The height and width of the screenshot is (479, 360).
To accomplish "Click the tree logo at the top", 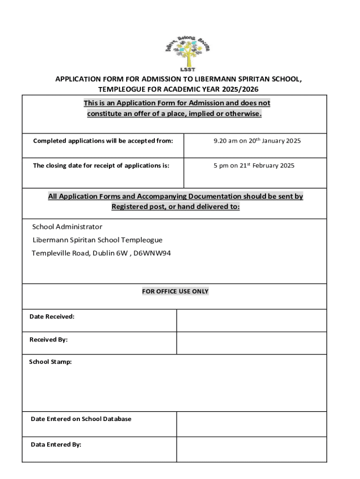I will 188,51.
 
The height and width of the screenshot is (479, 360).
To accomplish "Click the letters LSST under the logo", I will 187,70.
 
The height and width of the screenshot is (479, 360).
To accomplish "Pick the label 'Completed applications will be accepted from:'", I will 103,140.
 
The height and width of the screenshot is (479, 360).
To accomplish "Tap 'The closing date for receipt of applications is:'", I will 101,166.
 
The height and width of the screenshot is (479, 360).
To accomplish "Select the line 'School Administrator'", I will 67,227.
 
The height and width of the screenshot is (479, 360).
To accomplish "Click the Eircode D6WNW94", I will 152,254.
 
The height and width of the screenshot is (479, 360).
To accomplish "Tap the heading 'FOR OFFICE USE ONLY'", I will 175,291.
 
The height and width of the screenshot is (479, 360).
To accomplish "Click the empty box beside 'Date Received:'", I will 252,320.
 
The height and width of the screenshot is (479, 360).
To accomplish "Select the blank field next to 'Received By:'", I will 252,343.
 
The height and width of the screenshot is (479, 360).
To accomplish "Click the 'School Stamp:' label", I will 50,362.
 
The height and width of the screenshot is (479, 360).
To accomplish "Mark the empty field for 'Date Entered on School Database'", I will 252,424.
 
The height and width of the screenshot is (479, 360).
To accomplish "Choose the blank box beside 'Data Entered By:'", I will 252,449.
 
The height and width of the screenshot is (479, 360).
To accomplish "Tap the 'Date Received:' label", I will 52,317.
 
